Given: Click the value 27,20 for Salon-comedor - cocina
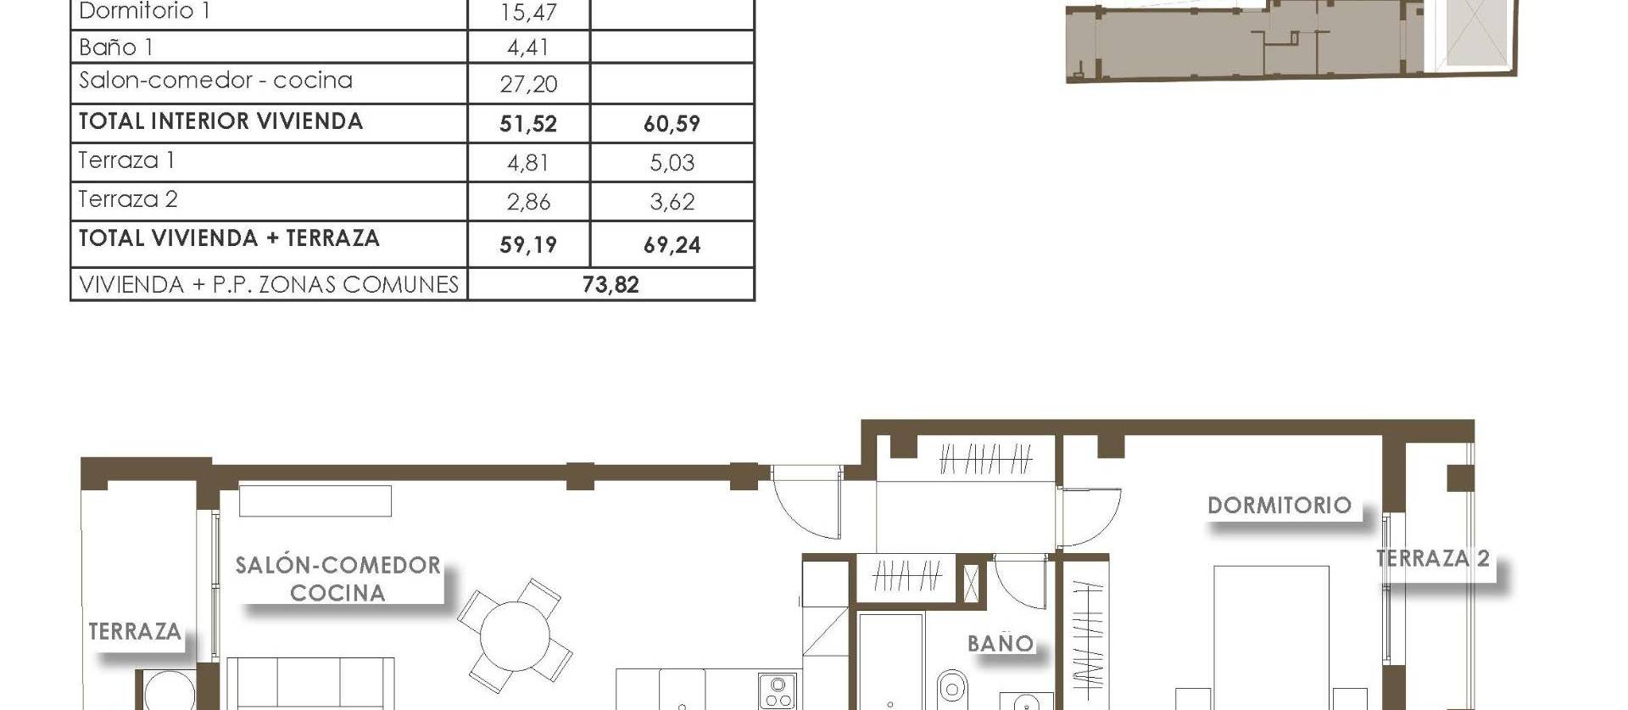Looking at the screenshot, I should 527,84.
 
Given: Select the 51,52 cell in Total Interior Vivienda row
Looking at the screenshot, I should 527,124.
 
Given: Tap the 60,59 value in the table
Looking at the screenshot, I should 672,124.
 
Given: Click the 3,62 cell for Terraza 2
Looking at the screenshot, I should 672,202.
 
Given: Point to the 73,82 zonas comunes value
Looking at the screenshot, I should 610,285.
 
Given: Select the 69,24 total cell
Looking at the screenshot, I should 672,245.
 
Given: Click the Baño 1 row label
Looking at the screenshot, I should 116,48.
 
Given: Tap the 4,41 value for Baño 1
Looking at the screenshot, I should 527,48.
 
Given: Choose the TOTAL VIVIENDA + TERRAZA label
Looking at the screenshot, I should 229,238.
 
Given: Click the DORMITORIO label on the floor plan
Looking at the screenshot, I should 1279,506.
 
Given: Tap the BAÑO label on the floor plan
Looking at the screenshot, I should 1001,644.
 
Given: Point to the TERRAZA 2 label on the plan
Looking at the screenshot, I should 1432,558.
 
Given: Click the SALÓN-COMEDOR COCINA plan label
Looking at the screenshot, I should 337,579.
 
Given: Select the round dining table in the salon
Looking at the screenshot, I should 515,635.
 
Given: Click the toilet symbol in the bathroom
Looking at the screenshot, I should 953,686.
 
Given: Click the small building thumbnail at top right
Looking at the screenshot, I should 1289,41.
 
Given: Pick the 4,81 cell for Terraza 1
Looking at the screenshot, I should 527,162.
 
